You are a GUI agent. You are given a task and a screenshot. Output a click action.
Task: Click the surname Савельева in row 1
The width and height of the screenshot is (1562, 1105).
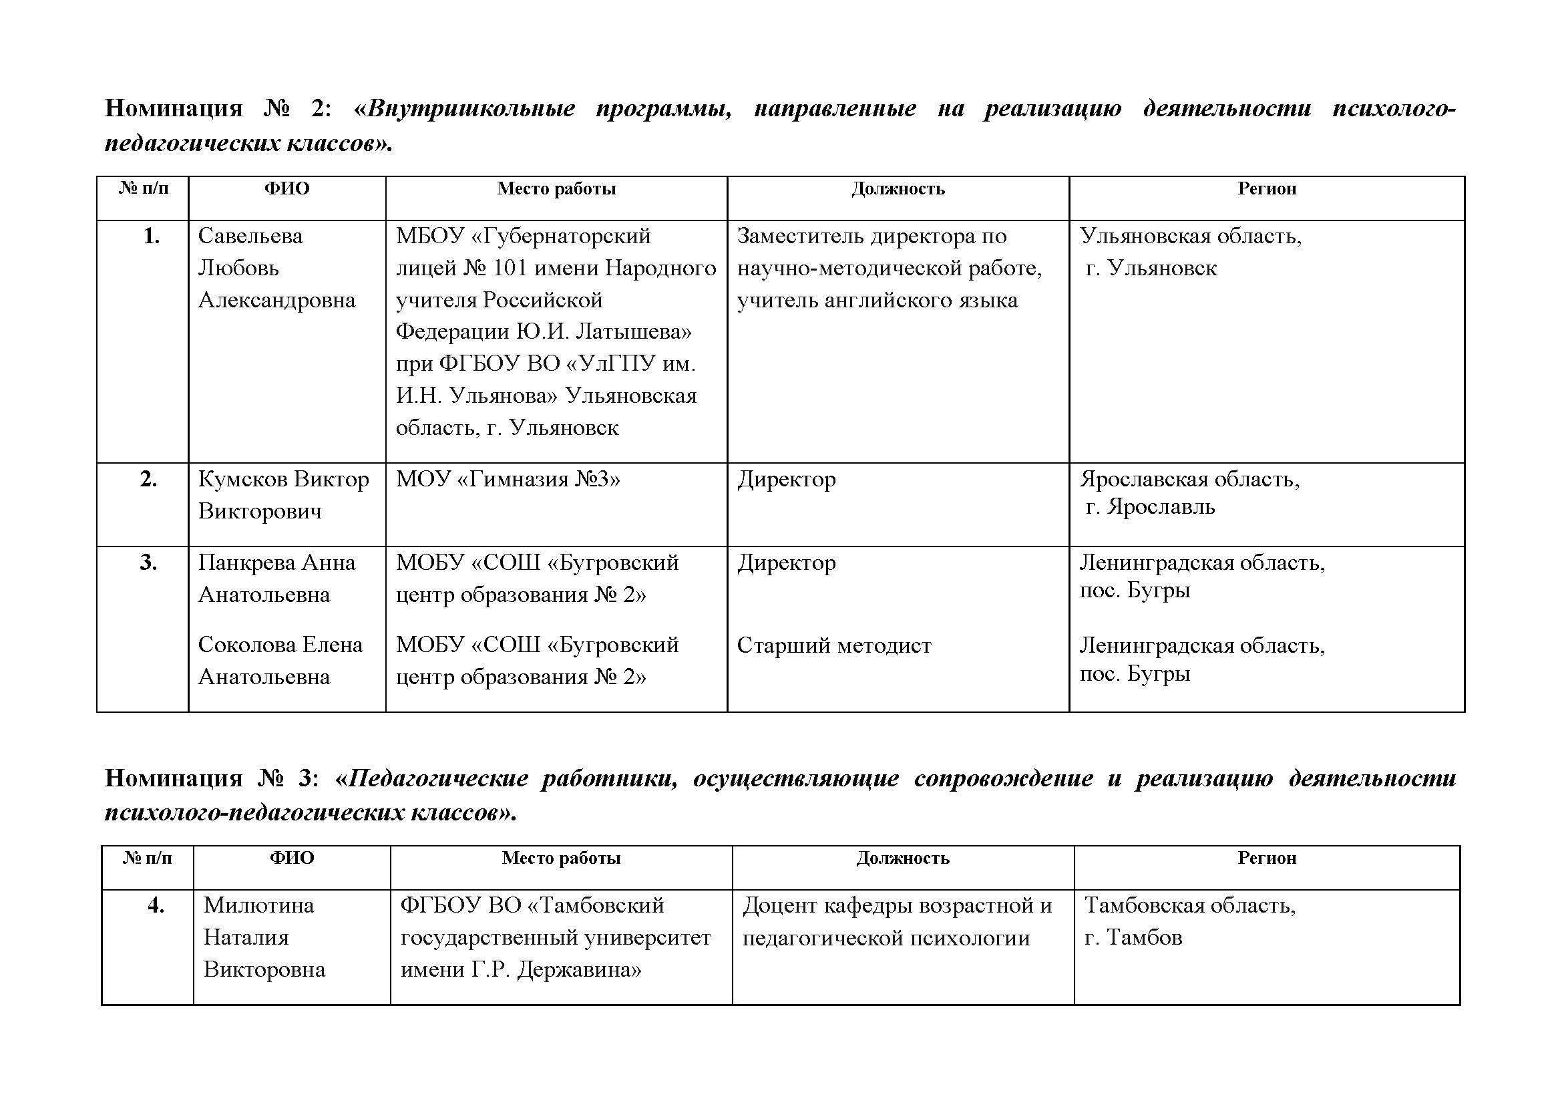click(x=250, y=236)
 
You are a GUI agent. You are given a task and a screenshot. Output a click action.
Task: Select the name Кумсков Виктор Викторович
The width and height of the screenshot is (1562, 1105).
click(x=283, y=494)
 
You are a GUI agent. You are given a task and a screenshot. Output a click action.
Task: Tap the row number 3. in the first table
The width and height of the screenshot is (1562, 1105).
click(x=148, y=563)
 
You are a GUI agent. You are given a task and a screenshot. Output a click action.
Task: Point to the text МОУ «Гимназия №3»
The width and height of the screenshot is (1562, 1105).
click(x=508, y=480)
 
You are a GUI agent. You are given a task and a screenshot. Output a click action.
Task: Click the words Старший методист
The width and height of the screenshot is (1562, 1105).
click(x=833, y=645)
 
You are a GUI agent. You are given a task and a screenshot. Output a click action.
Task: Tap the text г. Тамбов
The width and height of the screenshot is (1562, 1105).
click(x=1133, y=937)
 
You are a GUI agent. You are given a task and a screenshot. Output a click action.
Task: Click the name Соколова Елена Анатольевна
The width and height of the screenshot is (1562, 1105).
click(x=280, y=660)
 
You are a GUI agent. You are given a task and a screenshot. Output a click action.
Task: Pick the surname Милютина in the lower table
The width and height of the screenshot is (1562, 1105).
click(x=258, y=905)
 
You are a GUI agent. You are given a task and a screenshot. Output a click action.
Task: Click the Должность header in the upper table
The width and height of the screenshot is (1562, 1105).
click(x=898, y=188)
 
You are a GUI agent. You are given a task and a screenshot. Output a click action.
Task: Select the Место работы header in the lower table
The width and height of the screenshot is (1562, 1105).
click(x=561, y=858)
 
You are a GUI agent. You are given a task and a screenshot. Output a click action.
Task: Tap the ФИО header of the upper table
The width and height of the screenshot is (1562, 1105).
click(x=286, y=188)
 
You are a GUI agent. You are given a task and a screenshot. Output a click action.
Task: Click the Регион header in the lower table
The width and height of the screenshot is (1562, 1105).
click(x=1266, y=858)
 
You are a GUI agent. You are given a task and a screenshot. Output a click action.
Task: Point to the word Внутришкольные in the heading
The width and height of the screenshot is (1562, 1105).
click(x=471, y=109)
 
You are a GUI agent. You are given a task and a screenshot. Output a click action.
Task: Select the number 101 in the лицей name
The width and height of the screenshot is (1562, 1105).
click(x=510, y=268)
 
